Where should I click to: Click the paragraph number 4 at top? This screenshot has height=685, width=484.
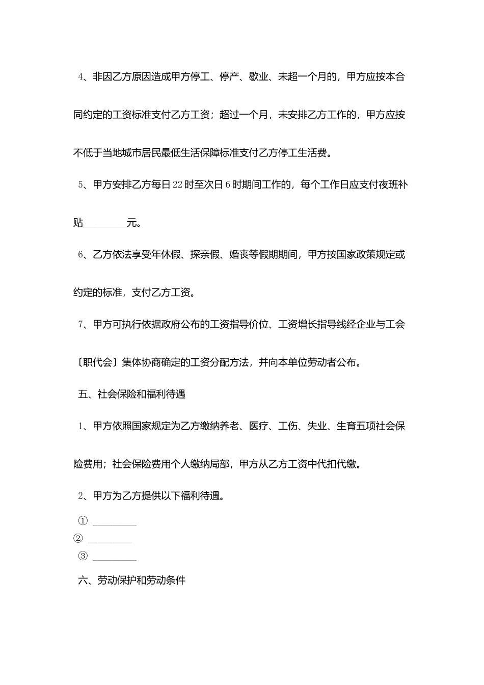coord(80,77)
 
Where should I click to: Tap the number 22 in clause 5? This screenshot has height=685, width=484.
coord(177,185)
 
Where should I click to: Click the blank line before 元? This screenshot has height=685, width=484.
coord(104,223)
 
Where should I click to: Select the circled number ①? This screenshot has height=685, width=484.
coord(83,521)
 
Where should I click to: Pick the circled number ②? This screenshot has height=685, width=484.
coord(78,539)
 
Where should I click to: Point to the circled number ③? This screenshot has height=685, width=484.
coord(83,556)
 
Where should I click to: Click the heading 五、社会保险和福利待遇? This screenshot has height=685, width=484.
coord(132,394)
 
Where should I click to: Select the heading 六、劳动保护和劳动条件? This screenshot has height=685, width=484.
coord(132,580)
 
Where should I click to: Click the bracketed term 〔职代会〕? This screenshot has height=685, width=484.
coord(96,363)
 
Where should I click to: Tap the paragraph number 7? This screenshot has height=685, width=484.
coord(80,324)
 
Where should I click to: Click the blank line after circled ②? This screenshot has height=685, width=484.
coord(110,541)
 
